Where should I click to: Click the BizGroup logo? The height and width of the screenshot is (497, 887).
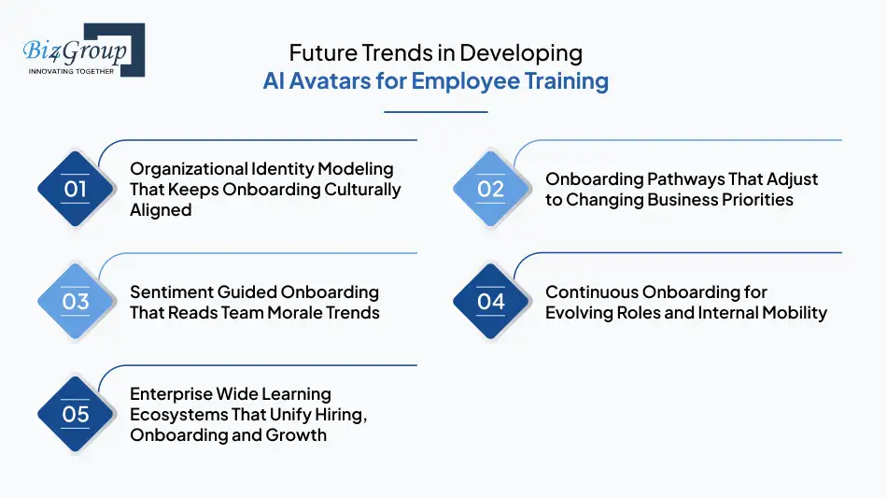pyautogui.click(x=83, y=50)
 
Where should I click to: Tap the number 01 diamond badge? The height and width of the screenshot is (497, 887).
pyautogui.click(x=76, y=189)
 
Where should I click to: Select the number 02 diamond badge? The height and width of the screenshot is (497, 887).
pyautogui.click(x=491, y=189)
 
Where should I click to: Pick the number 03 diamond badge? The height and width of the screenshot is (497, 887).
pyautogui.click(x=76, y=302)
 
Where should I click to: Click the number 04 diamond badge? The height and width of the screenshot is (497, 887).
pyautogui.click(x=491, y=302)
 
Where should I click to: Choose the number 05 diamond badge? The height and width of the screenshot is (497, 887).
pyautogui.click(x=76, y=414)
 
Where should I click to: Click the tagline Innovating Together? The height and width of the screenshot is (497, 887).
pyautogui.click(x=72, y=71)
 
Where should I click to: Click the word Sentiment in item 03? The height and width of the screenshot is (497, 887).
pyautogui.click(x=173, y=292)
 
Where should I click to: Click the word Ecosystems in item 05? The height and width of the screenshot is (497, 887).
pyautogui.click(x=174, y=414)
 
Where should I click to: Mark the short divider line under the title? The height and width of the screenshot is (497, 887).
pyautogui.click(x=436, y=112)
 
